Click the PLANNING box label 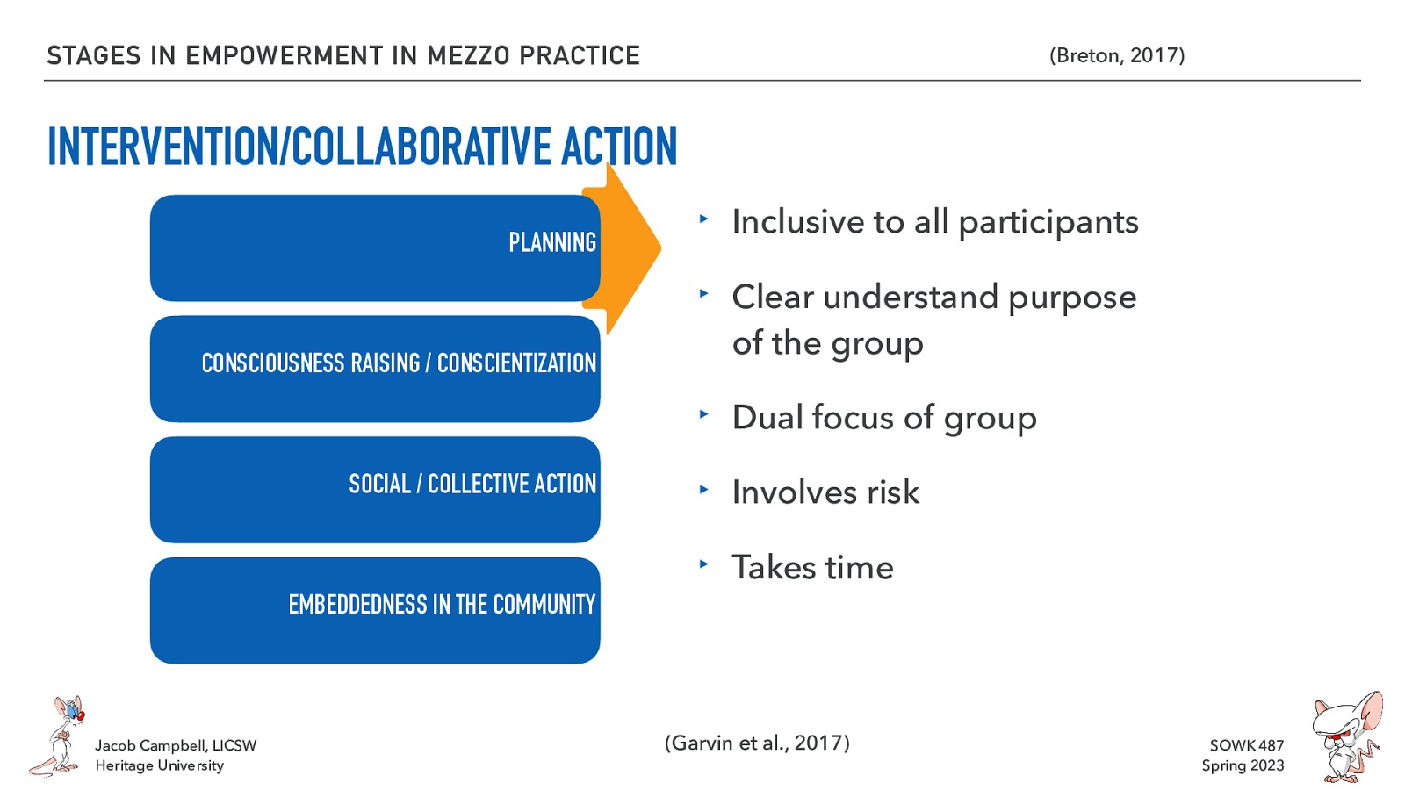(x=551, y=242)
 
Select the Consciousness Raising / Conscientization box (x=375, y=368)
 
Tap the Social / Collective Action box (x=375, y=489)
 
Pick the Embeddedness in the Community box (x=375, y=610)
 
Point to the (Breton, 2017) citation (x=1116, y=55)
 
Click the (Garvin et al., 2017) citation (x=757, y=743)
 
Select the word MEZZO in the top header (x=468, y=55)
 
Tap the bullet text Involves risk (x=825, y=492)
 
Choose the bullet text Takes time (x=812, y=568)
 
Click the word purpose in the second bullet (x=1072, y=298)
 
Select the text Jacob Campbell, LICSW (x=176, y=745)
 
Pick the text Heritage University (x=159, y=765)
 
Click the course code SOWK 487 (x=1246, y=745)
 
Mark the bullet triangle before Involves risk (x=703, y=489)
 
